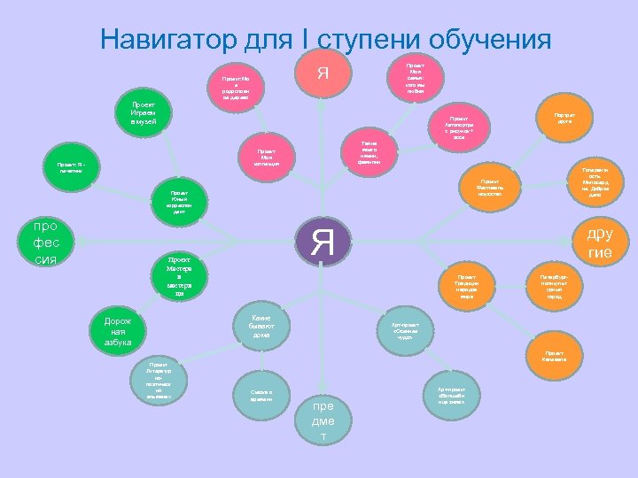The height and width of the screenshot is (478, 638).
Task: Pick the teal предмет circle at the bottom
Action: point(323,418)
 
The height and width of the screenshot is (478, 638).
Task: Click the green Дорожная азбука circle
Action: point(118,331)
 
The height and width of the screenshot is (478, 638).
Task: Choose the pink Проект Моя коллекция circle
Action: point(266,157)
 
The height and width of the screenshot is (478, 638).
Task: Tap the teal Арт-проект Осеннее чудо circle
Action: point(411,329)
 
